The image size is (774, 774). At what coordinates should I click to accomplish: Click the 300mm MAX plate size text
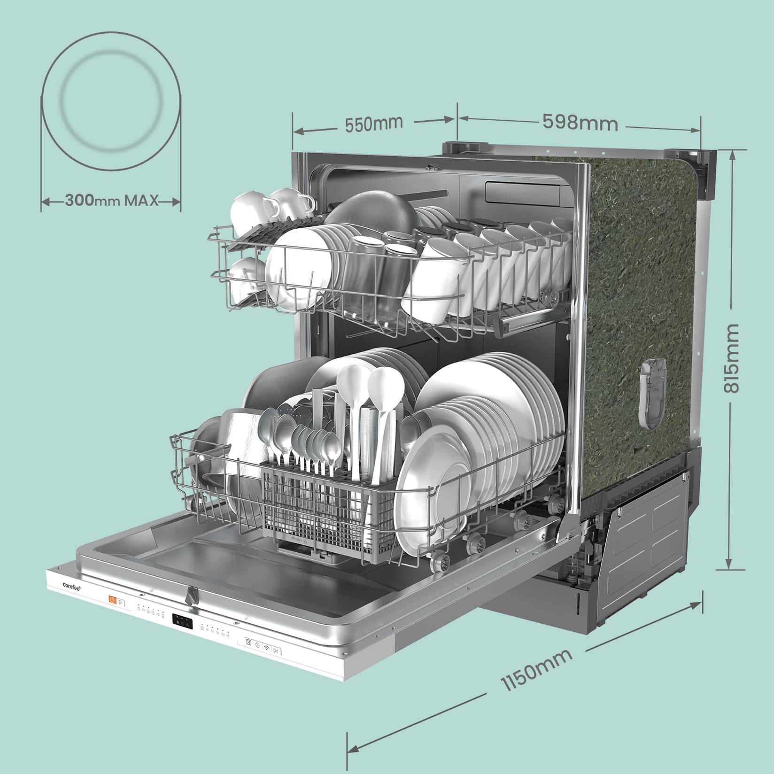(111, 201)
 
